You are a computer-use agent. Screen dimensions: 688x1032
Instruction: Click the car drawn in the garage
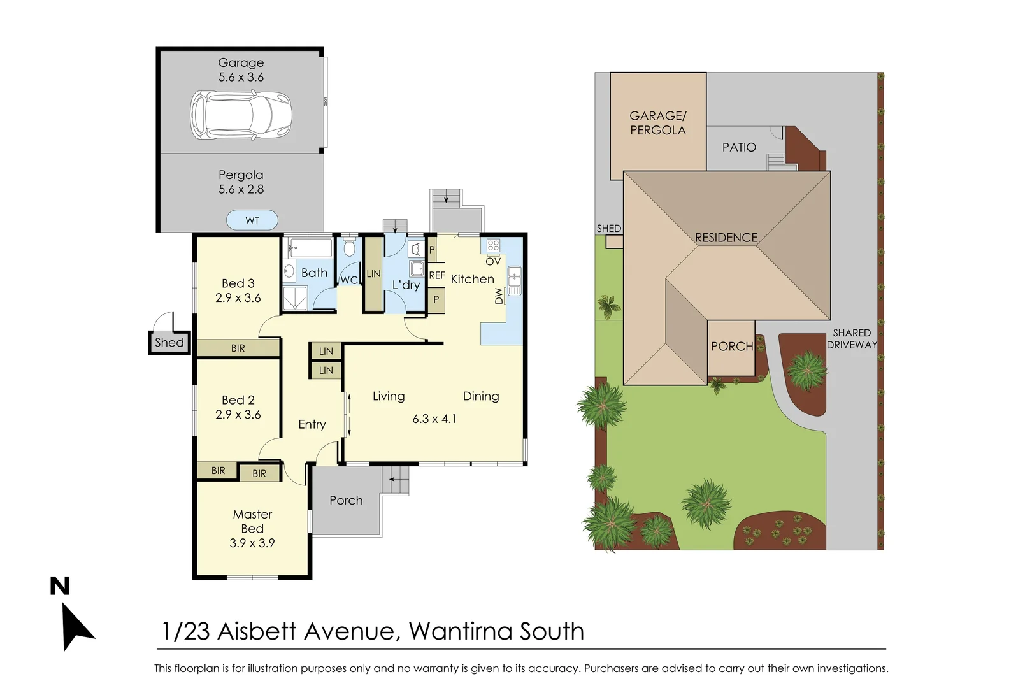[241, 115]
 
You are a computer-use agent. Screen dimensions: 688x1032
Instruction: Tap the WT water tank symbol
[252, 220]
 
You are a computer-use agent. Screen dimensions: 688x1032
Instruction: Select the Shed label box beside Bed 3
[169, 342]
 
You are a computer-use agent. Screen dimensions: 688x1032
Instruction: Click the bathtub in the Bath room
[310, 248]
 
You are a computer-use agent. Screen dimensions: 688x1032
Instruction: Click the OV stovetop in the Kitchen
[493, 246]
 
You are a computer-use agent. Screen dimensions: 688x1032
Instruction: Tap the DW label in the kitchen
[499, 296]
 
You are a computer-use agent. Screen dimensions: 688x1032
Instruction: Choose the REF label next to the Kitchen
[436, 275]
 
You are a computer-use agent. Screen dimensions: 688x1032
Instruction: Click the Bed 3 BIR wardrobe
[238, 348]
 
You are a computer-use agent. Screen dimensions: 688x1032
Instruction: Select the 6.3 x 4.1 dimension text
[434, 419]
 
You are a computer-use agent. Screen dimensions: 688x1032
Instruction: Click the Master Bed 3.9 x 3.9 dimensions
[252, 543]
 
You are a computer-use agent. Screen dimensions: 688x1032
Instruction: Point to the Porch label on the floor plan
[346, 501]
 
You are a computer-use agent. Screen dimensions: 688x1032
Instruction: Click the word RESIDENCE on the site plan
[726, 238]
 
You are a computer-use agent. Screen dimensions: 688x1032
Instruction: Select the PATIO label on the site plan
[739, 147]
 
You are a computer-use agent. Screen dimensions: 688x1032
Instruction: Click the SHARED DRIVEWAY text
[852, 339]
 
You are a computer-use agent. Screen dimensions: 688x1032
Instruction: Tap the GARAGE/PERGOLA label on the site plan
[658, 123]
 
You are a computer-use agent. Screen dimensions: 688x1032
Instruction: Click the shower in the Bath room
[295, 298]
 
